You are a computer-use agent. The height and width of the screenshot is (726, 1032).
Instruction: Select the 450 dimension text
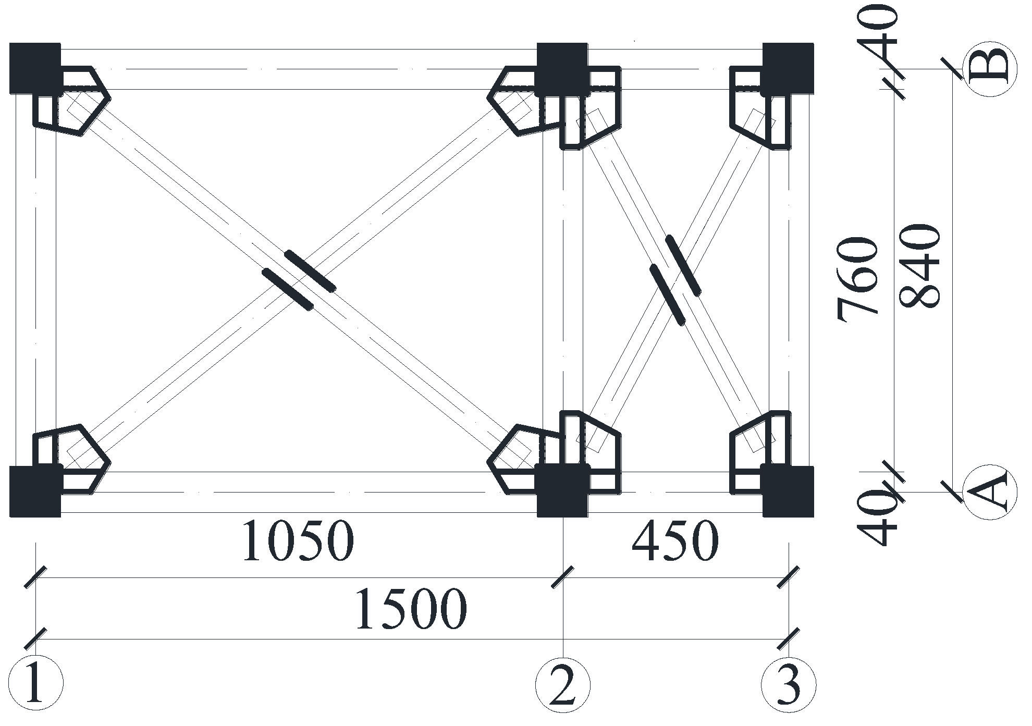(x=675, y=541)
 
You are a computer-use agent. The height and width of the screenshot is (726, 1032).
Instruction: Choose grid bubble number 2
(x=563, y=683)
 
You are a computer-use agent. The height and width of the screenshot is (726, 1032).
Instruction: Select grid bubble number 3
(x=788, y=683)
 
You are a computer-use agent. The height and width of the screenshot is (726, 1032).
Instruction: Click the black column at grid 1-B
(x=35, y=68)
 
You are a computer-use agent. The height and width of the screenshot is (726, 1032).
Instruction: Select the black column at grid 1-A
(x=35, y=491)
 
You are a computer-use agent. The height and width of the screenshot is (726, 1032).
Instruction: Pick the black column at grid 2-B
(x=563, y=68)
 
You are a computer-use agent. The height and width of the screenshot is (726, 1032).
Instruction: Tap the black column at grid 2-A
(x=563, y=491)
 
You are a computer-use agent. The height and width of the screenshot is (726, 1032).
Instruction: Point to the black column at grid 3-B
(x=788, y=68)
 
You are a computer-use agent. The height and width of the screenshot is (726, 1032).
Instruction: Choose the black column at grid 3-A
(x=788, y=491)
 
